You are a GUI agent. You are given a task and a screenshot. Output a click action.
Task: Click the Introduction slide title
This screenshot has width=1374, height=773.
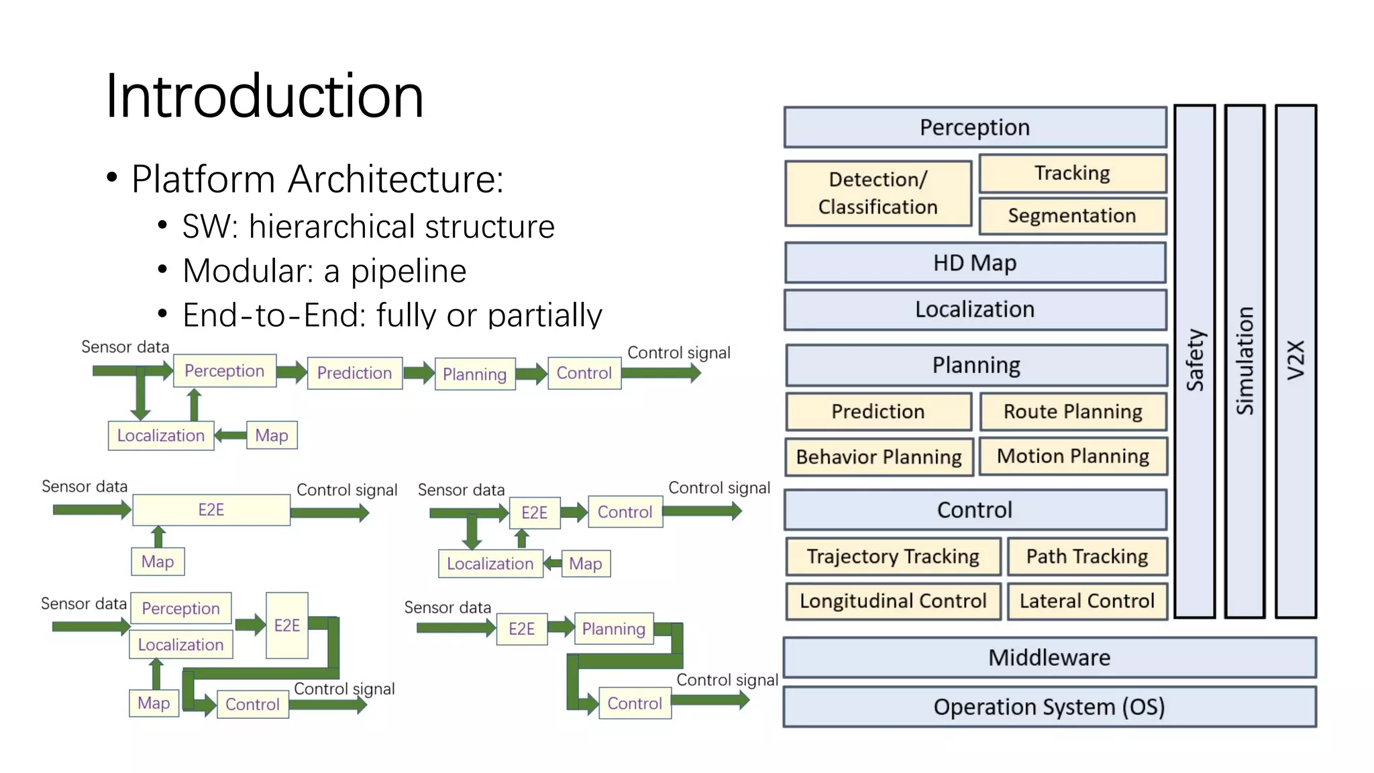click(264, 96)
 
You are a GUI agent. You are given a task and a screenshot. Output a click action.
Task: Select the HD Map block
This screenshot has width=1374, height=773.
click(975, 263)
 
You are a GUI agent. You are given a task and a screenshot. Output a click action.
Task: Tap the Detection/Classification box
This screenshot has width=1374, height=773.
click(878, 193)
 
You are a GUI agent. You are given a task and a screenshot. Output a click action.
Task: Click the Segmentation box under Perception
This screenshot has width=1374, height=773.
click(1072, 215)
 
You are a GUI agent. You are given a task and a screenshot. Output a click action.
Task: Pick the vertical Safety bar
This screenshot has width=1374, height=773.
click(1195, 361)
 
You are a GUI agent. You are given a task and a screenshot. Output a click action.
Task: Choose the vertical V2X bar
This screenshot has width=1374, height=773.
click(1296, 361)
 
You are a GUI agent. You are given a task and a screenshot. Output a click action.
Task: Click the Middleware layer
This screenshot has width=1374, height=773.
click(1049, 658)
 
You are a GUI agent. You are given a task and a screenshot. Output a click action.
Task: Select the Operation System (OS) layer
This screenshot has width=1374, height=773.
click(1049, 707)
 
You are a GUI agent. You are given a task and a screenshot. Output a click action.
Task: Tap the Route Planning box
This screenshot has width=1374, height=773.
click(1073, 411)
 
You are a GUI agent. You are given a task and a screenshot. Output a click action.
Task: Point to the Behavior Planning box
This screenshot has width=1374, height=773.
click(879, 457)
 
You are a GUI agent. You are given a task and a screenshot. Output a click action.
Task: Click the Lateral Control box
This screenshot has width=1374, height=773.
click(1087, 601)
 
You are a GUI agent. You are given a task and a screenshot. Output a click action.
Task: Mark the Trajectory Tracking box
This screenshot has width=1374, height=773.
click(893, 556)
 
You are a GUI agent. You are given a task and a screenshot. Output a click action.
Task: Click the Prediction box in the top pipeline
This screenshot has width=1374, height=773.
click(354, 373)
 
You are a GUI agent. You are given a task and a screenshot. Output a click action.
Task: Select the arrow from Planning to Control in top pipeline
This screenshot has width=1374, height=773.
click(532, 374)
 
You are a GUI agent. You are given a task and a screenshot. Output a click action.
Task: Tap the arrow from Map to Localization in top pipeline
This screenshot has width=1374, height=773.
click(230, 435)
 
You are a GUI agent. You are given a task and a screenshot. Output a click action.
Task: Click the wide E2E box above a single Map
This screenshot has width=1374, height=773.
click(211, 510)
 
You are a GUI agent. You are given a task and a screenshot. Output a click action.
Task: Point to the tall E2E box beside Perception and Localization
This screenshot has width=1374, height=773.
click(287, 625)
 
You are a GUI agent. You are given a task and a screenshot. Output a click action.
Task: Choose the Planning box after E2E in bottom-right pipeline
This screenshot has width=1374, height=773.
click(613, 629)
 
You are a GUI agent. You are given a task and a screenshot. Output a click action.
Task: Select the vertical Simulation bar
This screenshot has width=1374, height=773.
click(1245, 361)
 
